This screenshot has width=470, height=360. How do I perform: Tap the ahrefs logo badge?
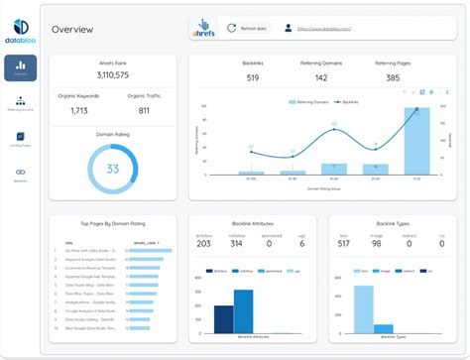(202, 29)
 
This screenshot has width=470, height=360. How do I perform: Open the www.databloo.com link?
(328, 29)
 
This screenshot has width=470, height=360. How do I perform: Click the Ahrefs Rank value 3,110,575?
(112, 75)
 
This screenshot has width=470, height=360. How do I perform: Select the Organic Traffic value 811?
(144, 111)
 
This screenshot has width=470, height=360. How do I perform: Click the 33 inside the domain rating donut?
(113, 169)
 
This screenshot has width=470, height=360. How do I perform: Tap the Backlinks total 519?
(252, 77)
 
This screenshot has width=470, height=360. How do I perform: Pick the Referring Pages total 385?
(393, 77)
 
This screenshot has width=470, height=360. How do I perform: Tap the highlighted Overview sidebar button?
(21, 66)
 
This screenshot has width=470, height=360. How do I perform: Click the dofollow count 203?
(204, 244)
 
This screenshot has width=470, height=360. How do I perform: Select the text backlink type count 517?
(342, 244)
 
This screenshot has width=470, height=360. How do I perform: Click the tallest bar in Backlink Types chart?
(364, 307)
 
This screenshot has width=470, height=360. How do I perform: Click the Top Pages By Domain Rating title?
(113, 226)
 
